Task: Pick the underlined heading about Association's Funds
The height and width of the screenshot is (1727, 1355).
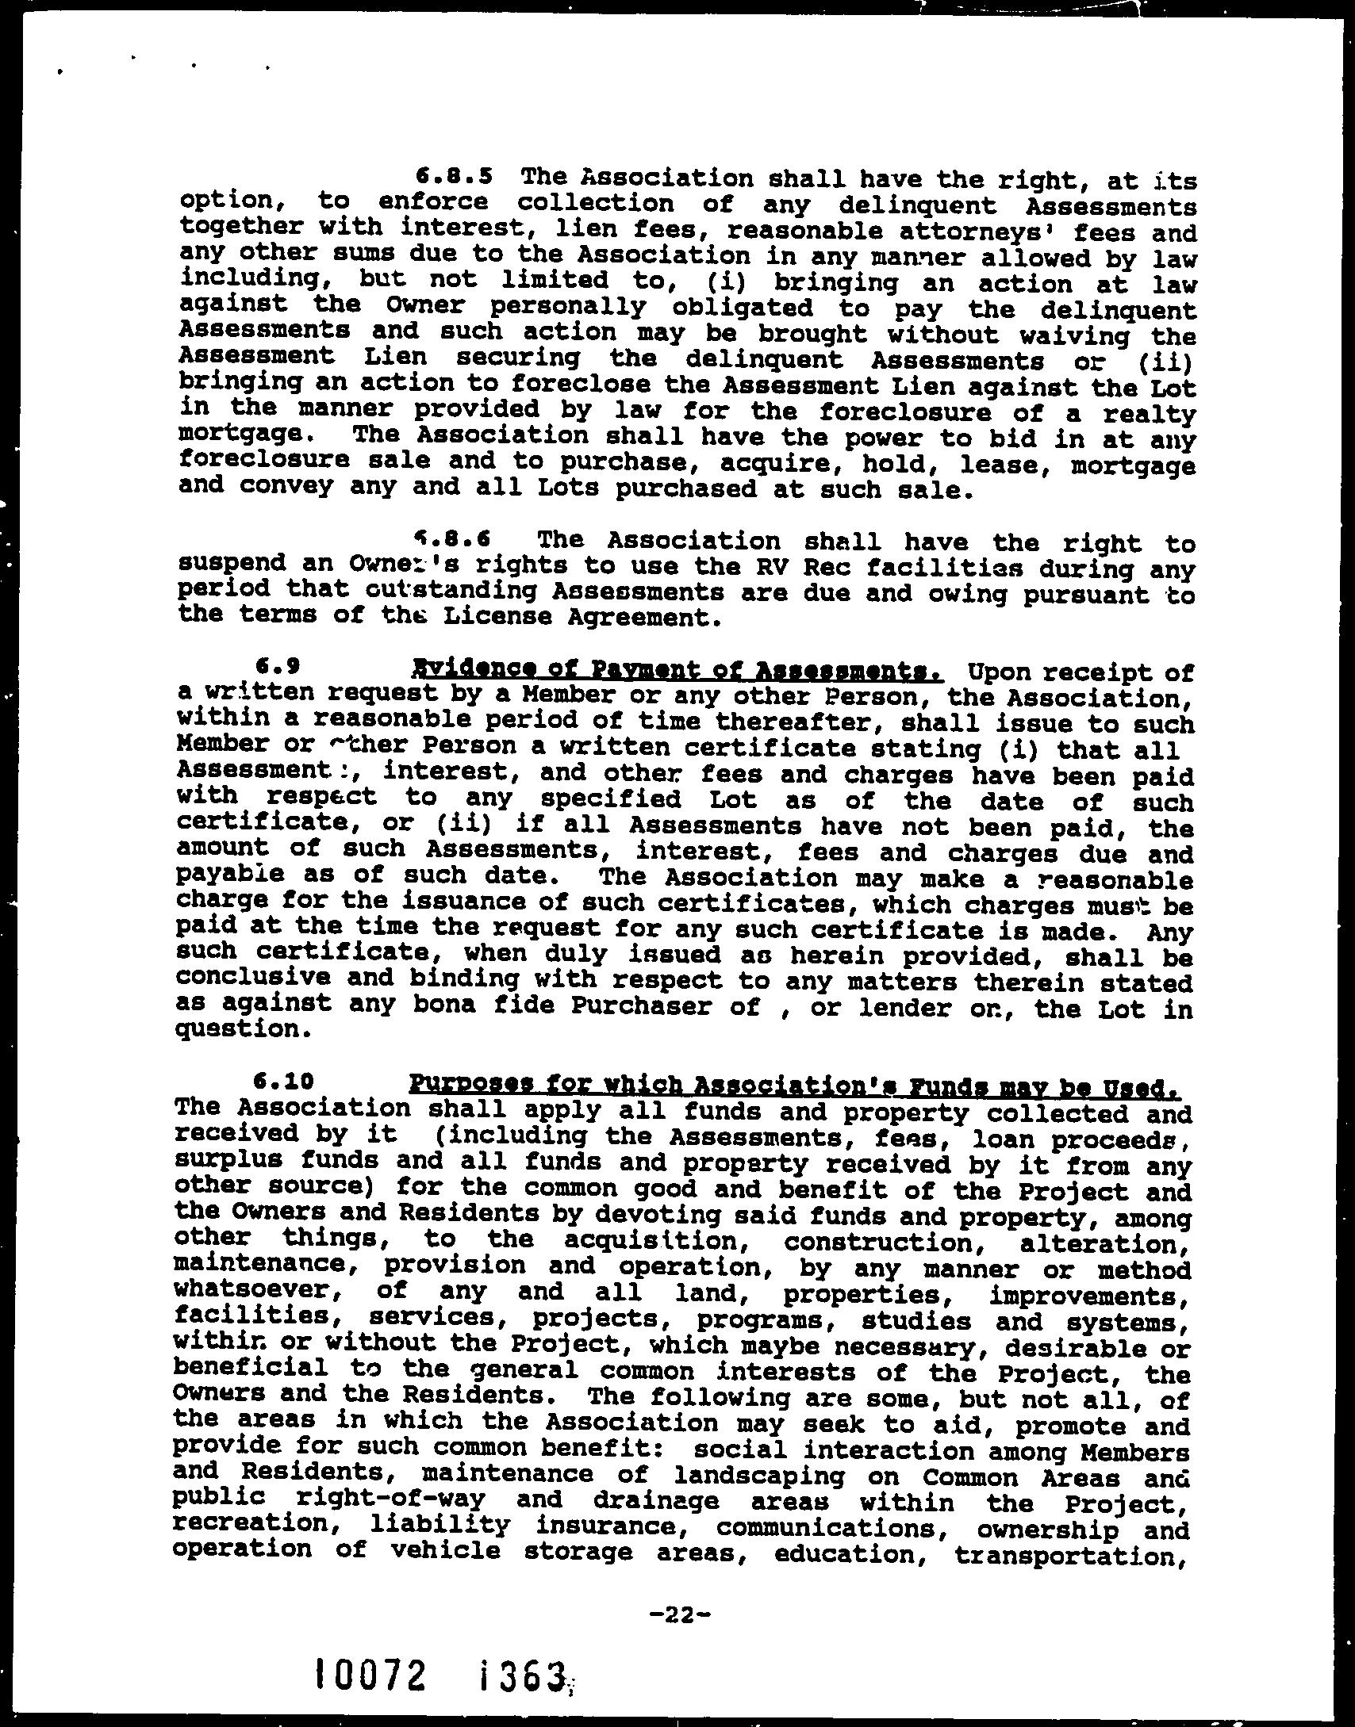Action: (x=794, y=1083)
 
